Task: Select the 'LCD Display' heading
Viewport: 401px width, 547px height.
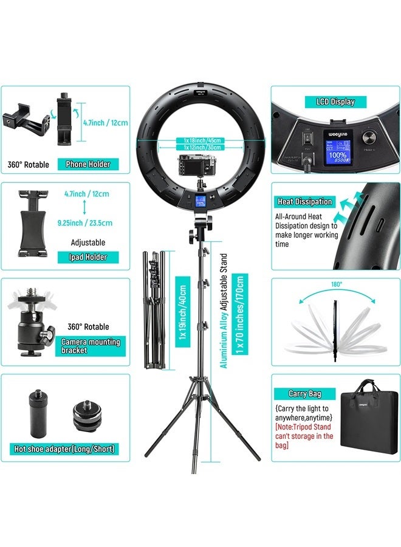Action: click(335, 101)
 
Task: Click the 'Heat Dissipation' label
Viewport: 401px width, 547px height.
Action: click(305, 201)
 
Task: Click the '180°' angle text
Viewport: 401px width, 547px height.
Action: click(337, 283)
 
